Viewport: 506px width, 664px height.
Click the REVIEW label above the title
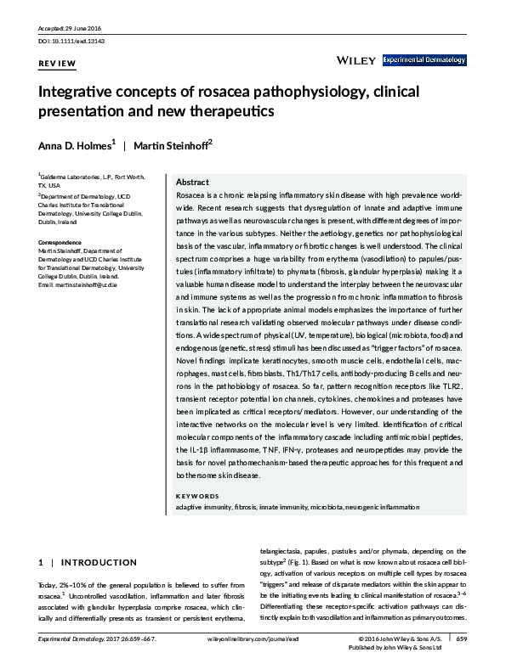(x=57, y=64)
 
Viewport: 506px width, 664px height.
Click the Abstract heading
(x=192, y=183)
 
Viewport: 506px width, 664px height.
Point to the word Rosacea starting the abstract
(x=190, y=195)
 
